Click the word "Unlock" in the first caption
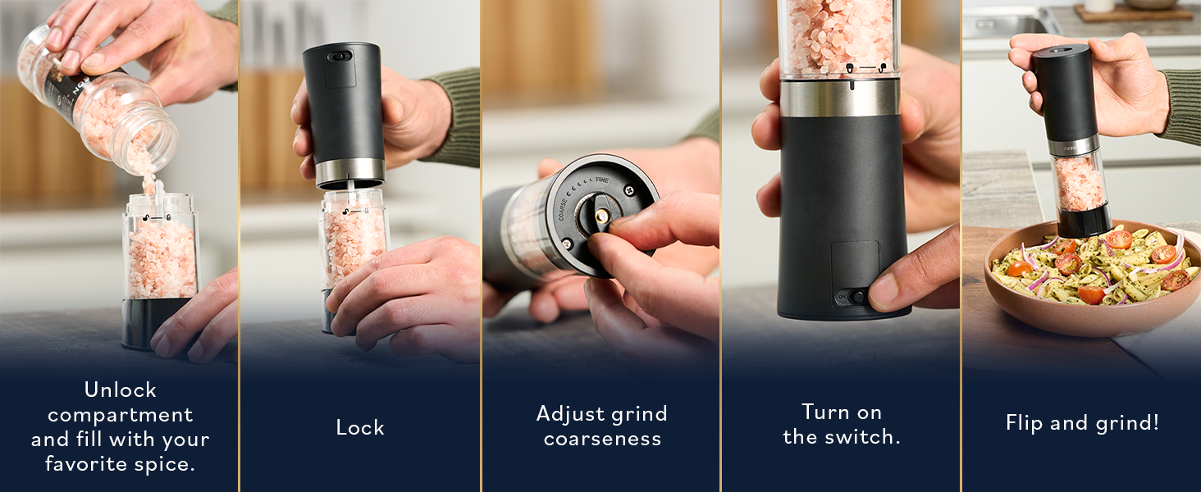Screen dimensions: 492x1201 120,389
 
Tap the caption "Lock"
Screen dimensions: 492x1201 360,427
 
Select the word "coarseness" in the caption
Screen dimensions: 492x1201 602,439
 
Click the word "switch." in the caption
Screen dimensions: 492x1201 871,437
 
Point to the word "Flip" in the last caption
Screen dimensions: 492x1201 1025,423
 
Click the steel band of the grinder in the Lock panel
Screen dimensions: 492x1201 350,170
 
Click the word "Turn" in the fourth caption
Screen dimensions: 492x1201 824,412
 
